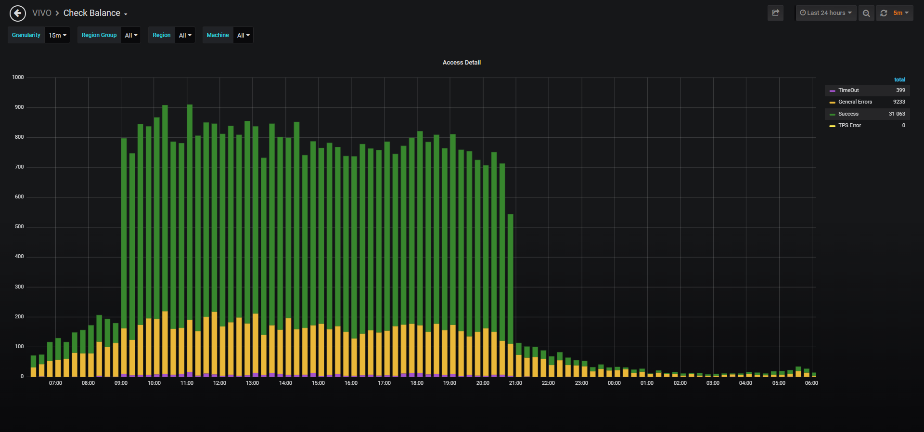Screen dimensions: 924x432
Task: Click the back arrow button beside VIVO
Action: (18, 13)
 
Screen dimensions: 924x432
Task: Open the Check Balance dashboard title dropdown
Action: (95, 13)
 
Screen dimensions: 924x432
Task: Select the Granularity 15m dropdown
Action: (57, 35)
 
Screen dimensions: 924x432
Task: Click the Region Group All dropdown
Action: (131, 35)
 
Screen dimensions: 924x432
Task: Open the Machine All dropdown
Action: (243, 35)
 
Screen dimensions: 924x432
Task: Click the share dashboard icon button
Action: (775, 13)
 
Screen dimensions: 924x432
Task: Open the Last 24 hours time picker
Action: (826, 13)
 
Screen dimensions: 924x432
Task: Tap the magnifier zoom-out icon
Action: (866, 13)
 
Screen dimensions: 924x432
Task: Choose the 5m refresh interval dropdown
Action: (901, 13)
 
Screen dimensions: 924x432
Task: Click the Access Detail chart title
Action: (462, 63)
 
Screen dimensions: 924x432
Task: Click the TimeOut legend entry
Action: (848, 90)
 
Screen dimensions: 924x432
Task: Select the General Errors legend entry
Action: (855, 102)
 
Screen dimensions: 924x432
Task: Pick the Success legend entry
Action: (848, 114)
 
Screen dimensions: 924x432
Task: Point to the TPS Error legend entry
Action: (849, 125)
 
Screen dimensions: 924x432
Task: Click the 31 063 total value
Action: (897, 114)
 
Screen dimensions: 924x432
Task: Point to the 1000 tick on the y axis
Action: (18, 77)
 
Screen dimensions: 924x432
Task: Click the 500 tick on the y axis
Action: (19, 226)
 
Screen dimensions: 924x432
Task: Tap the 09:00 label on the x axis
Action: (121, 383)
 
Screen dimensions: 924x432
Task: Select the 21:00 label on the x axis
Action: (515, 383)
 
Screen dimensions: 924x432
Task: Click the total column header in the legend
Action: (899, 79)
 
